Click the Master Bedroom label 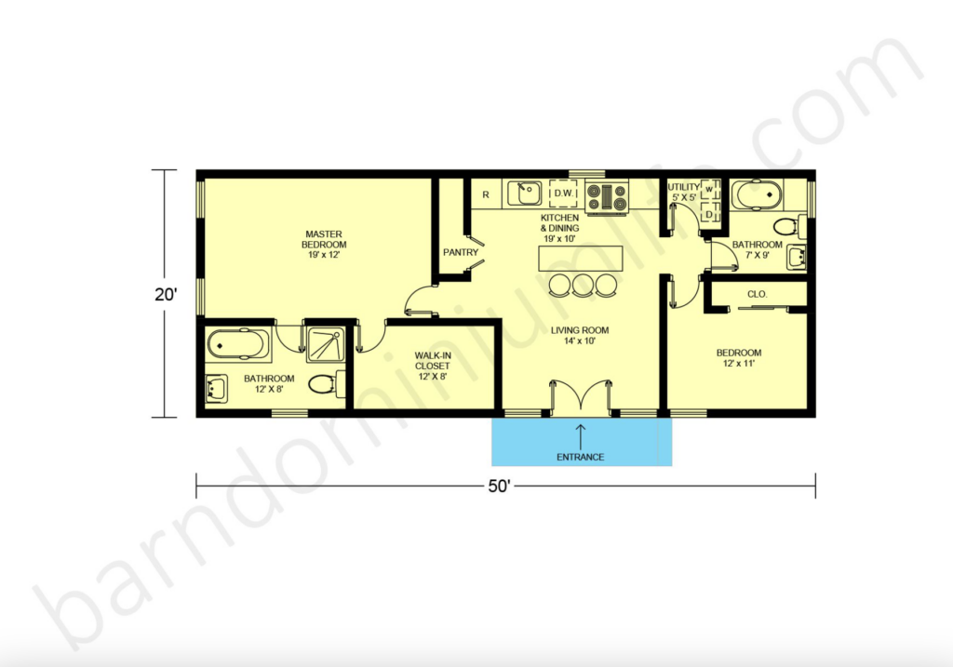[323, 244]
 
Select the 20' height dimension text [167, 295]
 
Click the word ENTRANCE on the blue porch [581, 457]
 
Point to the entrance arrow [581, 434]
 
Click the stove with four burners [607, 195]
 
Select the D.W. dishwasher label [563, 193]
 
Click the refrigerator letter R [486, 194]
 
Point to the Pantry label [461, 252]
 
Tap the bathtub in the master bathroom [237, 343]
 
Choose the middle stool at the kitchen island [582, 285]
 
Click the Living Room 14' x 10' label [579, 335]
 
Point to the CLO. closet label [757, 294]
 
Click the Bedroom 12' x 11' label [738, 358]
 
